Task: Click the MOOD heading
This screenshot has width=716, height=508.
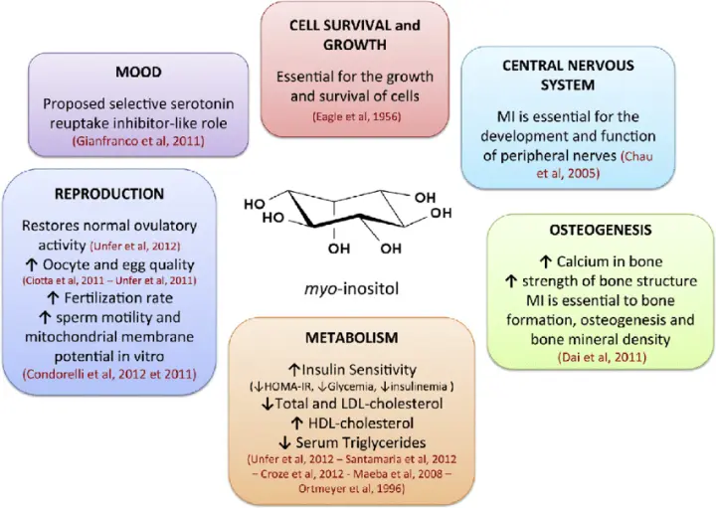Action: [138, 73]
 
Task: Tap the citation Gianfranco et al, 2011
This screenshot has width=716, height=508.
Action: [138, 141]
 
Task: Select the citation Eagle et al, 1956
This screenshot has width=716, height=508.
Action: [357, 117]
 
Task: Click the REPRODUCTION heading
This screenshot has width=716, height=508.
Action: [109, 194]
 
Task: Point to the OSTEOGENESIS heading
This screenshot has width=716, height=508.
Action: [601, 230]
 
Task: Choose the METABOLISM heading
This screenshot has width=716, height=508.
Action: [352, 338]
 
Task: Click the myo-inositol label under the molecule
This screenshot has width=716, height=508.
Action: [351, 288]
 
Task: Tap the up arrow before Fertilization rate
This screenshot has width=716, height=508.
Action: [54, 298]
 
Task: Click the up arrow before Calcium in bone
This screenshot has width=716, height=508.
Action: [546, 261]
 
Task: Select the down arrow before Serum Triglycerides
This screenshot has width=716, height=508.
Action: [284, 442]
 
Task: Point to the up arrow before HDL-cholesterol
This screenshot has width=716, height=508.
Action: [296, 423]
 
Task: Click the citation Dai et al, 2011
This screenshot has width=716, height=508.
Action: [602, 357]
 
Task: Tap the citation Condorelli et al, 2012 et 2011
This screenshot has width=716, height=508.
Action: [109, 374]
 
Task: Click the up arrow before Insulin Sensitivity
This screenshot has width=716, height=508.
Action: [293, 369]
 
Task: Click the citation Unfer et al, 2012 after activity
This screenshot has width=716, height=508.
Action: [135, 247]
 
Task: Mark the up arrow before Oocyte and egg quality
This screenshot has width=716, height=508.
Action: [31, 264]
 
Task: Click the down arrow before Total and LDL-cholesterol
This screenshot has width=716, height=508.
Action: [268, 404]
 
